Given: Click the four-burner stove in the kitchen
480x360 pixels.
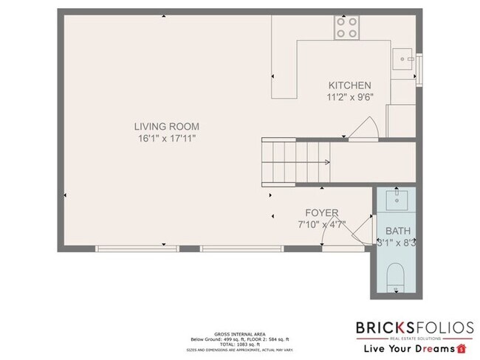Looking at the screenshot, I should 347,28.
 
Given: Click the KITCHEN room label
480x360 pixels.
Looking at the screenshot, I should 350,86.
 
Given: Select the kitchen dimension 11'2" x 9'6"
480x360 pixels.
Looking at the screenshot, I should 350,97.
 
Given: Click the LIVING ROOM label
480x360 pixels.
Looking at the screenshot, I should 167,126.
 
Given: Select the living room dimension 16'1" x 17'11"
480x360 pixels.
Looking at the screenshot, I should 167,138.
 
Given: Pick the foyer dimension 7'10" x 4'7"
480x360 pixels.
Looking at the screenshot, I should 322,224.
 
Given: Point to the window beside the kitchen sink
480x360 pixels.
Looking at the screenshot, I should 419,64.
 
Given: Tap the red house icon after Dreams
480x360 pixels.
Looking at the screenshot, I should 462,347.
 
